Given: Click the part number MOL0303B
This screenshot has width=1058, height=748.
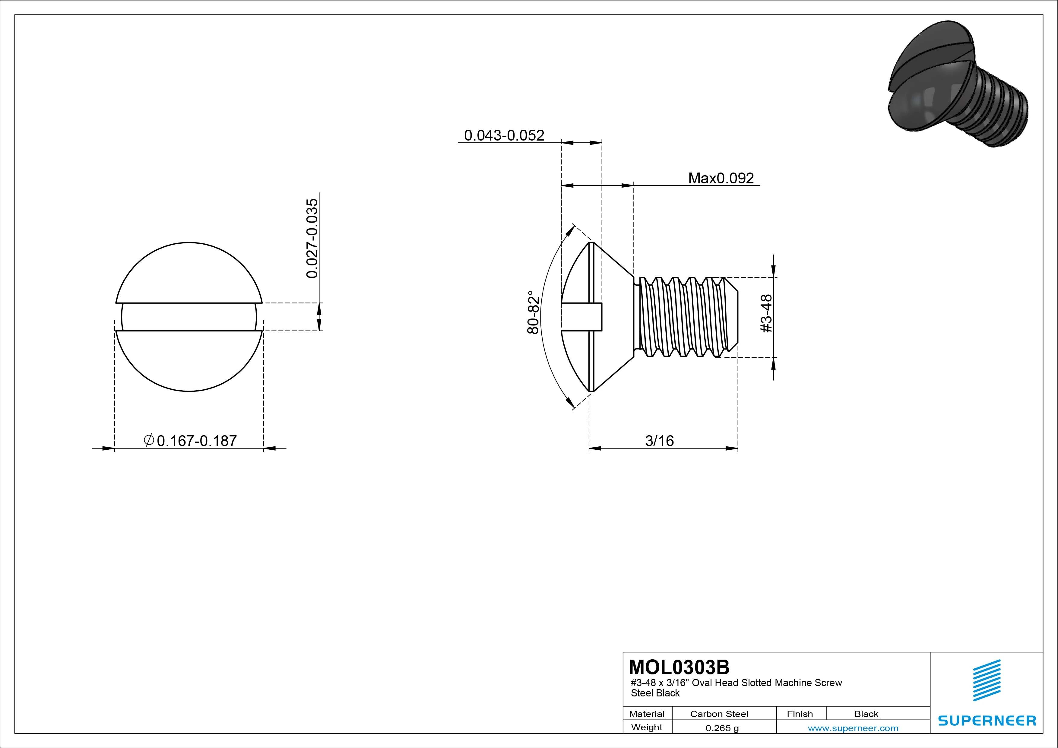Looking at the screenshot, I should click(679, 667).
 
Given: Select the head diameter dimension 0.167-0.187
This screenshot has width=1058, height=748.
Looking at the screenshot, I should click(197, 441).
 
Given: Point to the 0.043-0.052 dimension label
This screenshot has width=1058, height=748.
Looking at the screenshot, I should click(504, 135).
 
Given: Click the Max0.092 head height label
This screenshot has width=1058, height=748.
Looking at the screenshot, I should click(721, 178).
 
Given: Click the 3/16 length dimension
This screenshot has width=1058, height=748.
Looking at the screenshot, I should click(659, 441).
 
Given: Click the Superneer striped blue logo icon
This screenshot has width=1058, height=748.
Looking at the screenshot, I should click(987, 680).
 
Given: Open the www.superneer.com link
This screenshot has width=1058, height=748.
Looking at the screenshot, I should click(853, 728).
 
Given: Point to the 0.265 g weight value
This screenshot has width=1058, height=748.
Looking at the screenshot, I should click(722, 728).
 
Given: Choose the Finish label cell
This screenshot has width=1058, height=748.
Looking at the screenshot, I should click(800, 714).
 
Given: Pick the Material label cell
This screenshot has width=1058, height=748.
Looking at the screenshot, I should click(647, 714).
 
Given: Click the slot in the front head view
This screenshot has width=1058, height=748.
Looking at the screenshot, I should click(189, 317).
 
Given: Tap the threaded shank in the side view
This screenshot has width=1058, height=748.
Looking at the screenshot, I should click(687, 317).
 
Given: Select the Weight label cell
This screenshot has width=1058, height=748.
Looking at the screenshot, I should click(647, 727).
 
